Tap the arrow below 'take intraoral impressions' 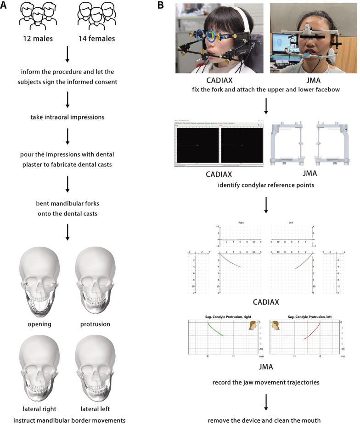(67, 136)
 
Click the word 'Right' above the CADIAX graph (241, 223)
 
